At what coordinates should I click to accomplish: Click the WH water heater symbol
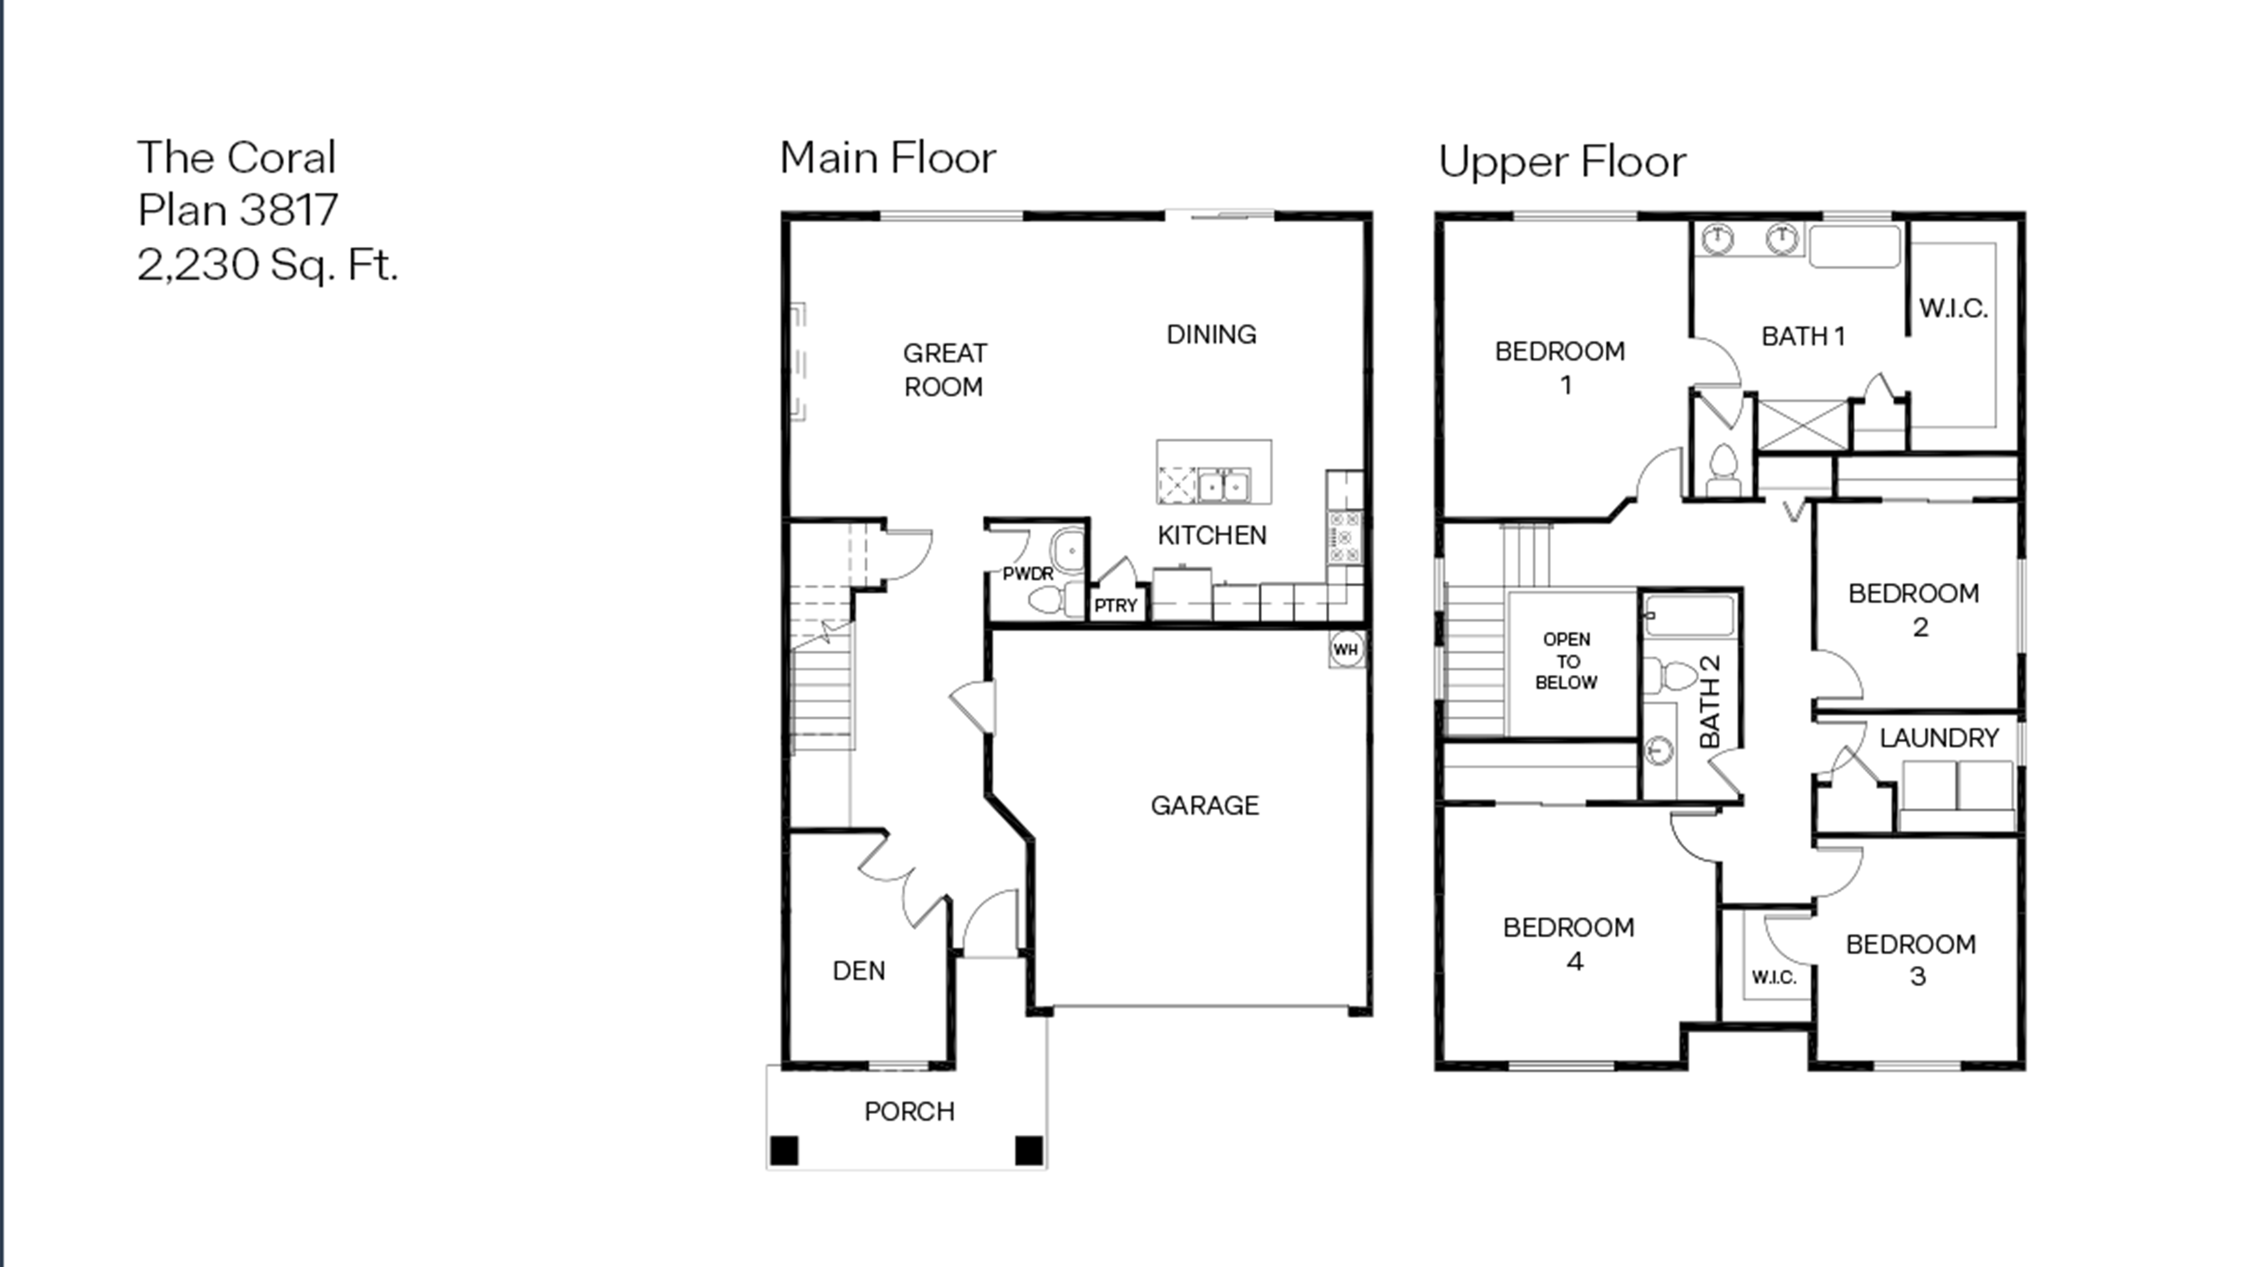point(1345,649)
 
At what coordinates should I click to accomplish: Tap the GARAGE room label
point(1204,805)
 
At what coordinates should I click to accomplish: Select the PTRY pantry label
point(1116,605)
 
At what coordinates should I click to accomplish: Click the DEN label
point(858,971)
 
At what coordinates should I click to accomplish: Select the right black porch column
point(1029,1151)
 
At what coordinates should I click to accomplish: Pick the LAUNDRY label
point(1938,738)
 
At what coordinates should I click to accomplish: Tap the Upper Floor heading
point(1562,162)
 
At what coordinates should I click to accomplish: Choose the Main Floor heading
point(887,158)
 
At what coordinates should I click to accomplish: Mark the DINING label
point(1211,334)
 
